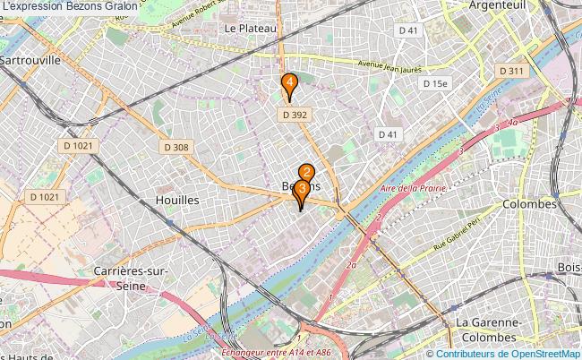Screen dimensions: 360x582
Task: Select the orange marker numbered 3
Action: (x=303, y=190)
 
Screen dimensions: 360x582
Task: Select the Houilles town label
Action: (x=176, y=201)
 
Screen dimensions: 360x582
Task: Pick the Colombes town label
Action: (x=530, y=204)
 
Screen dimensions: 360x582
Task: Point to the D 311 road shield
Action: (x=511, y=71)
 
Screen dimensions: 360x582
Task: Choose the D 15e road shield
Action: (x=435, y=83)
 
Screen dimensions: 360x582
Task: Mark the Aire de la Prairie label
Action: (x=413, y=189)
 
